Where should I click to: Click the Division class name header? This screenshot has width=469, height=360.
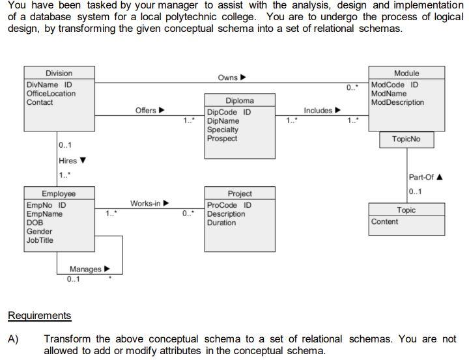tap(59, 74)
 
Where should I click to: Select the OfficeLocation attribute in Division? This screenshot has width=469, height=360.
tap(51, 94)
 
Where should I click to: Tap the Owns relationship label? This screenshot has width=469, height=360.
tap(228, 77)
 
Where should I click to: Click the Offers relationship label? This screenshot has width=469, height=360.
tap(146, 110)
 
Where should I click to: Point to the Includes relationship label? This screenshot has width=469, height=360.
tap(318, 111)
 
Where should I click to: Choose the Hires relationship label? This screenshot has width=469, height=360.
tap(68, 161)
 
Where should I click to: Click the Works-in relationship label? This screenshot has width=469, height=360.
tap(145, 204)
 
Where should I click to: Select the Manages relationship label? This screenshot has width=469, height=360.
tap(86, 269)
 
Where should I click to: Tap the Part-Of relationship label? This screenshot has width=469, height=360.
tap(421, 177)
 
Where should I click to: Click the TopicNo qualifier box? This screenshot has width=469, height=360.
tap(406, 139)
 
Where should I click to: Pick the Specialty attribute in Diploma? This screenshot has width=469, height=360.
tap(223, 130)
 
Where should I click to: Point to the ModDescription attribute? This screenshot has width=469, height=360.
tap(397, 102)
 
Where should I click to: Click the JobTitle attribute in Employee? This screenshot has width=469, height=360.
tap(40, 240)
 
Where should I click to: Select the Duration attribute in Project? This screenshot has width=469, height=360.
tap(221, 223)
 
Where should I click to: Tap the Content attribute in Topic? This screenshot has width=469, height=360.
tap(384, 221)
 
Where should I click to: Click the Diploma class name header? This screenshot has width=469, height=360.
tap(240, 101)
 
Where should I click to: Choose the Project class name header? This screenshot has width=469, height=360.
tap(240, 194)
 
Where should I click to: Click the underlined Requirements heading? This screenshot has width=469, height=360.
tap(39, 316)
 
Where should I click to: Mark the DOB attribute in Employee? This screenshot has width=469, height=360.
tap(35, 223)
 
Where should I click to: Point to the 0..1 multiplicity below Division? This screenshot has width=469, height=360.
tap(65, 145)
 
